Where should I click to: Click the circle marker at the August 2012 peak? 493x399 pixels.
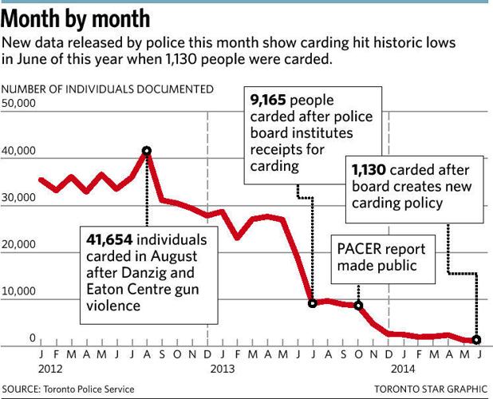pos(147,150)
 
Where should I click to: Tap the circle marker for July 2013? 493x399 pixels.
pos(313,303)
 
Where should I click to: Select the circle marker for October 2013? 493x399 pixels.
pos(358,306)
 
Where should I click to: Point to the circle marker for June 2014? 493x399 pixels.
pos(477,340)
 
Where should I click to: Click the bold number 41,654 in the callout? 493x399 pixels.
pos(112,240)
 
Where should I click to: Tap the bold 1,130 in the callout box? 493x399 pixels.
pos(369,170)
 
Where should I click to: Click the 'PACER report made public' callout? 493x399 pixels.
pos(384,258)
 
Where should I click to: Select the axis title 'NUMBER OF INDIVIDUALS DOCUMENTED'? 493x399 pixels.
pos(108,89)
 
